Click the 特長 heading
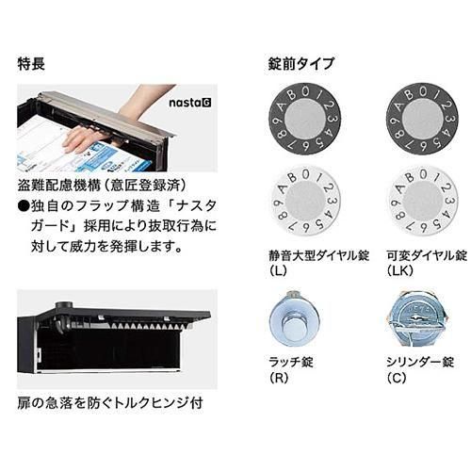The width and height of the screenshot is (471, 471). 31,64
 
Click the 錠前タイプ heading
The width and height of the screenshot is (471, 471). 301,64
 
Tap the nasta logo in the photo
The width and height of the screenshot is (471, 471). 190,103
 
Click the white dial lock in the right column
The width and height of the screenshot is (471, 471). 421,201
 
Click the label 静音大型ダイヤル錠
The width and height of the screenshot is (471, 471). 318,256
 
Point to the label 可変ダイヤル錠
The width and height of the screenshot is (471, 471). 427,256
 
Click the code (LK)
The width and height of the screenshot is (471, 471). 400,271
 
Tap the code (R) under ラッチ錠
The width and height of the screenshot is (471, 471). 279,378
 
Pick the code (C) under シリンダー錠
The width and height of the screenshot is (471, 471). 397,378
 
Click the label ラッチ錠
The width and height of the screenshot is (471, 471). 291,363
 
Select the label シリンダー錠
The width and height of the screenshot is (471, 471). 420,363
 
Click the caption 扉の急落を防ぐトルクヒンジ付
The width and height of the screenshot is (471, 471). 110,403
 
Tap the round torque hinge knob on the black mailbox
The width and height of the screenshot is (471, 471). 64,305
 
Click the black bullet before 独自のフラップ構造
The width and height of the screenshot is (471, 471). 24,206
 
